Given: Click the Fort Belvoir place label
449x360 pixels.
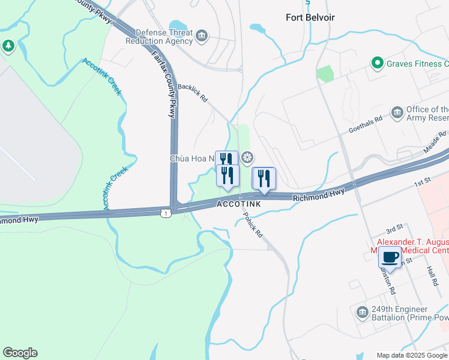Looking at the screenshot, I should click(x=310, y=17).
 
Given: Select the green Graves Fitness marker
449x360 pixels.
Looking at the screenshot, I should click(x=377, y=62).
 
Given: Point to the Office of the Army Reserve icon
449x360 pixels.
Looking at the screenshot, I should click(x=397, y=113).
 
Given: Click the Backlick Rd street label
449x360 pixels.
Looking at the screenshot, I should click(x=192, y=92).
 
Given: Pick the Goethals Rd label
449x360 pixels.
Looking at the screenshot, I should click(x=366, y=125).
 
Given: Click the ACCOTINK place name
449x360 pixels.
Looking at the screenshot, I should click(x=239, y=205).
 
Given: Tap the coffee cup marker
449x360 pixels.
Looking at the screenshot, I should click(x=390, y=258).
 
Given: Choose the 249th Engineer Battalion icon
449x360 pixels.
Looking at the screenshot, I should click(x=362, y=312).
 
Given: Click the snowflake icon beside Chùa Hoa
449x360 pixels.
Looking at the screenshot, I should click(x=247, y=158).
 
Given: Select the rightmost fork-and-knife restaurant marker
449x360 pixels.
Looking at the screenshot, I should click(x=263, y=178).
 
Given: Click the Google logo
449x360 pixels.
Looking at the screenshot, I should click(x=20, y=353).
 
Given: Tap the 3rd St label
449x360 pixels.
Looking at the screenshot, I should click(x=394, y=230).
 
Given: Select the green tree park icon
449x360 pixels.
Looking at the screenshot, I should click(x=8, y=46).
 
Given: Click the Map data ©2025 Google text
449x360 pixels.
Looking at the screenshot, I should click(x=412, y=355).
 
